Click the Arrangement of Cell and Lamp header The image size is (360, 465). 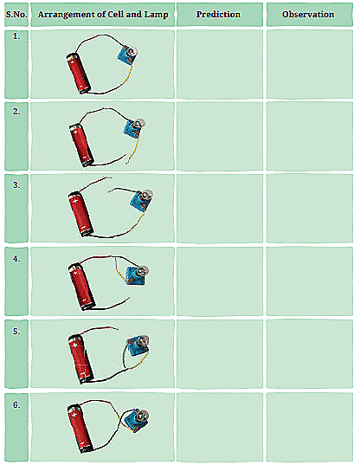tap(103, 15)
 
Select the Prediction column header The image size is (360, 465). tap(218, 15)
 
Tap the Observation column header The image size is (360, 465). tap(308, 15)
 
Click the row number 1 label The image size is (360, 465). tap(16, 38)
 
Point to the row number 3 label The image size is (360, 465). tap(16, 184)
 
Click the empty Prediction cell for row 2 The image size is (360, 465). tap(218, 137)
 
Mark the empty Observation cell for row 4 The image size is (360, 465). tap(308, 282)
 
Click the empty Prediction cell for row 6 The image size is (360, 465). tap(218, 427)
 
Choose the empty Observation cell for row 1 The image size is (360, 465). tap(308, 64)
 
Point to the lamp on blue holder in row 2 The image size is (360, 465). tap(132, 129)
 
